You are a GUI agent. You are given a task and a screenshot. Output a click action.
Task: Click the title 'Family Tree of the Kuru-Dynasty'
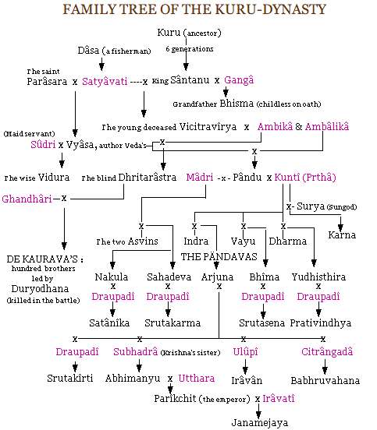tap(188, 10)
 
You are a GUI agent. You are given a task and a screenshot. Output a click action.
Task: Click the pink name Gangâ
tap(237, 80)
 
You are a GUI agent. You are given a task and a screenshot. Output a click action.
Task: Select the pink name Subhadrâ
tap(135, 351)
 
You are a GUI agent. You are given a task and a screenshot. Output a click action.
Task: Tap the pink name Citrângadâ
tap(327, 351)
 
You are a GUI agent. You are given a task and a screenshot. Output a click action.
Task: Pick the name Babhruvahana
tap(325, 382)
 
